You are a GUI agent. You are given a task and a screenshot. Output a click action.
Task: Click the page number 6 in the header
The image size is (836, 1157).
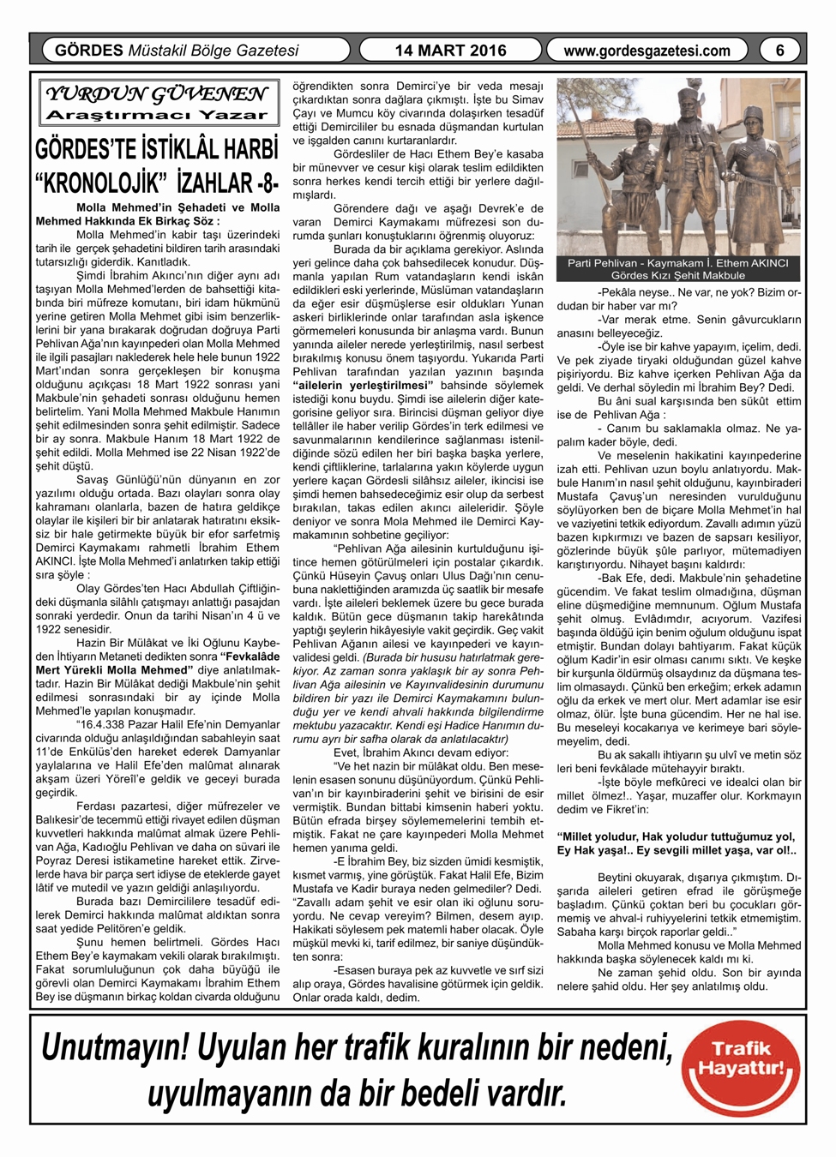coord(779,51)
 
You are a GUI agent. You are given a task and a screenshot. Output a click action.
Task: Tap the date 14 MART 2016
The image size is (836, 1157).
coord(450,51)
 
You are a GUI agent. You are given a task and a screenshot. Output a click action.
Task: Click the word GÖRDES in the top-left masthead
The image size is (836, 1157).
coord(89,51)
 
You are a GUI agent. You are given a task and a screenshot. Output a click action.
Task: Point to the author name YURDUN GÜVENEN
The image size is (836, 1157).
coord(156,93)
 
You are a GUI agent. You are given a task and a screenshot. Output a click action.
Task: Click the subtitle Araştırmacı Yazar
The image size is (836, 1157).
coord(156,115)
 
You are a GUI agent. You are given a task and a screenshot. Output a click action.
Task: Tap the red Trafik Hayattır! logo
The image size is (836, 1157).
coord(741,1069)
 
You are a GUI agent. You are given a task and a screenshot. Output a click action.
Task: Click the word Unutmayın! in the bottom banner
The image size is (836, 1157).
coord(116,1047)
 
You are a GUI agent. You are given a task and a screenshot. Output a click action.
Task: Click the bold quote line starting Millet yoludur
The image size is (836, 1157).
coord(676,836)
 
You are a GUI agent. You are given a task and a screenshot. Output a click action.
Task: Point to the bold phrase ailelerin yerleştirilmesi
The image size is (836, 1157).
coord(360,385)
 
